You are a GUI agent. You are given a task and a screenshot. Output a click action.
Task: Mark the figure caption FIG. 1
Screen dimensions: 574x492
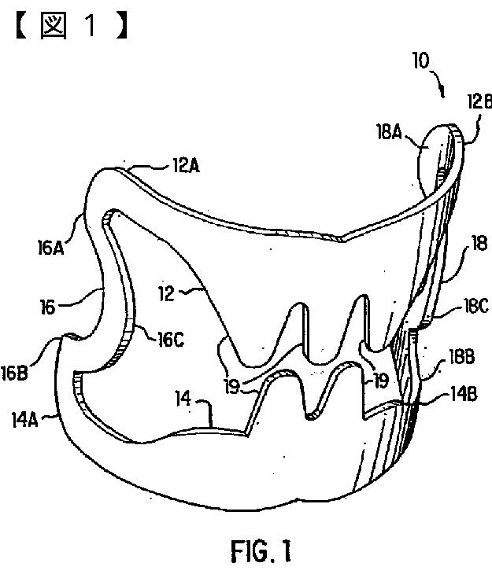pyautogui.click(x=260, y=550)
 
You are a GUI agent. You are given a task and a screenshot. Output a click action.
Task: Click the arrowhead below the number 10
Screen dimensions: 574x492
pyautogui.click(x=445, y=92)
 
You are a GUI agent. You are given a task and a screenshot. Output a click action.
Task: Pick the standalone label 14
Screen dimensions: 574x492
pyautogui.click(x=183, y=401)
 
